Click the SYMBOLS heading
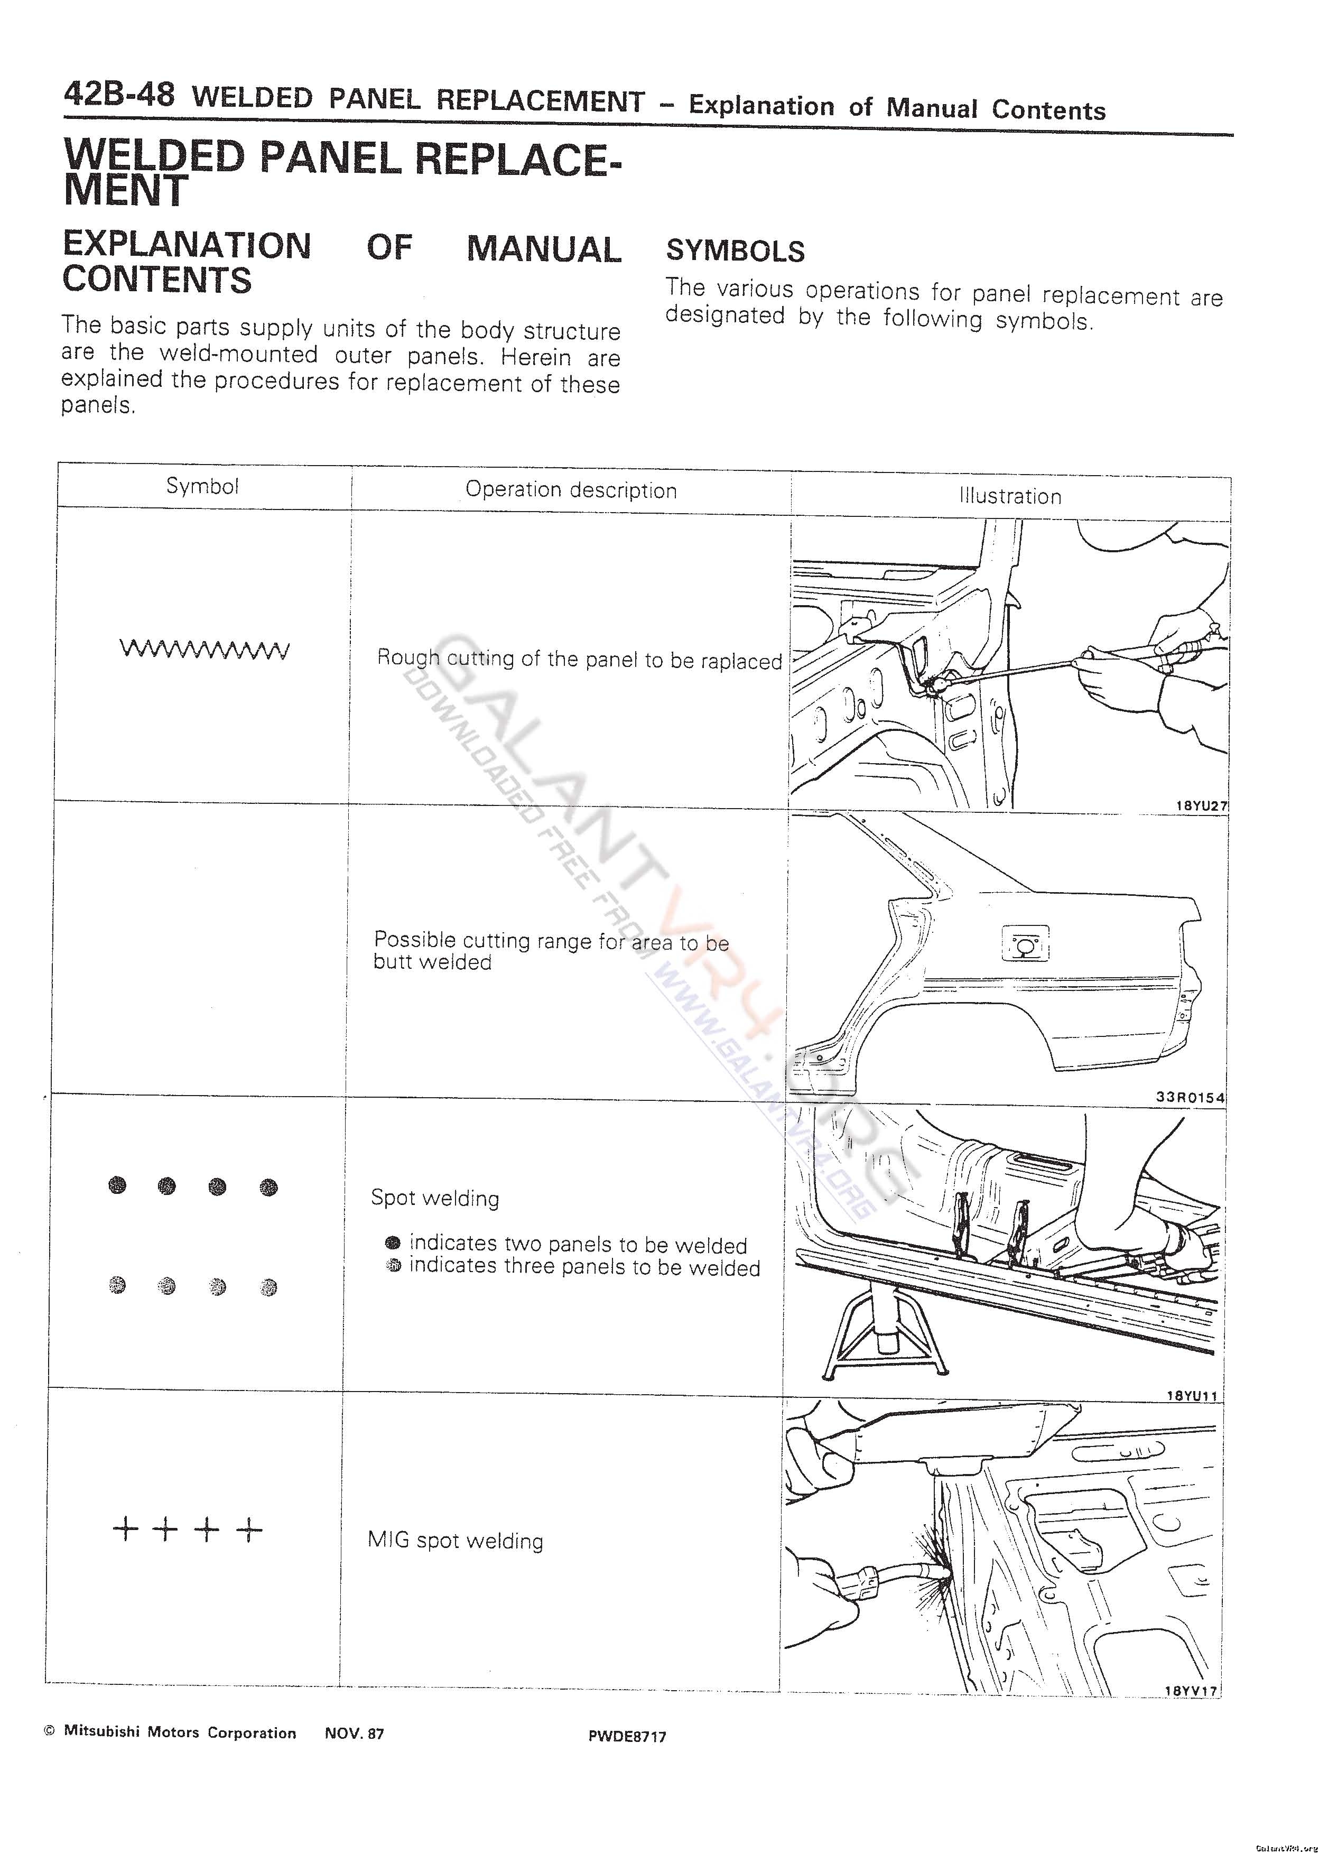(735, 251)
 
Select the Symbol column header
(202, 486)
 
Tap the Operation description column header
(571, 490)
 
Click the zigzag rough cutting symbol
(204, 650)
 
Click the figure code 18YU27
(1201, 805)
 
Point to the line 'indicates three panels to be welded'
(584, 1268)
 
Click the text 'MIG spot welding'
(455, 1541)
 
